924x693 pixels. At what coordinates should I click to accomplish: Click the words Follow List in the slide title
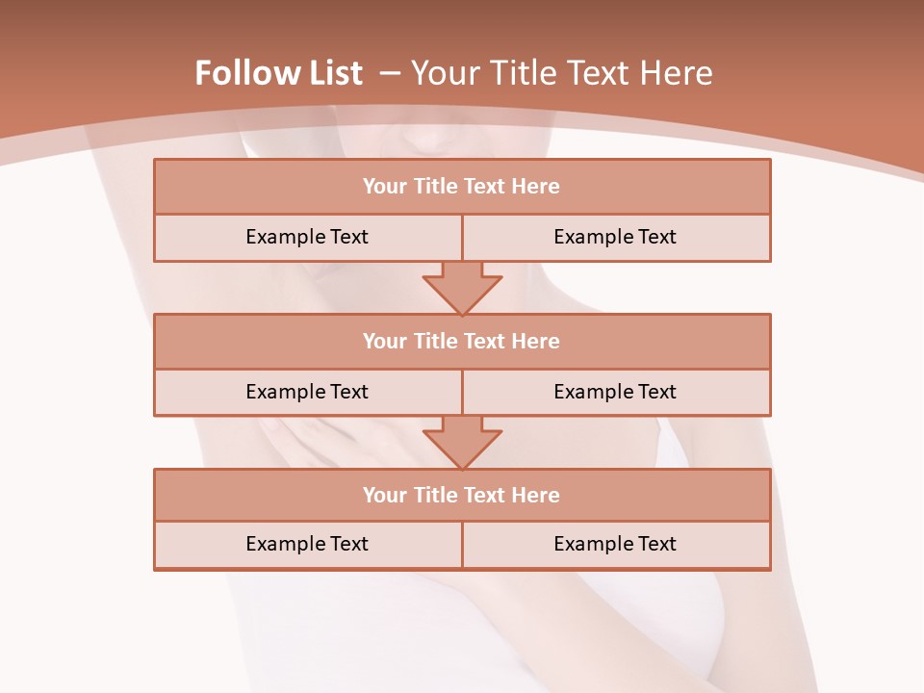click(278, 73)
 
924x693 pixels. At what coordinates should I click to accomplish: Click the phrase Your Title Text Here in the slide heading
click(562, 73)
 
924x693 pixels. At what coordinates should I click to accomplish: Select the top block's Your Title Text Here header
click(461, 187)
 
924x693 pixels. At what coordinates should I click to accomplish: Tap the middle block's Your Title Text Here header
click(461, 341)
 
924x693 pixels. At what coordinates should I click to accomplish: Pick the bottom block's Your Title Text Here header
click(461, 495)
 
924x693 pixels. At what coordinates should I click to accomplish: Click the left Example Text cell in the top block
click(307, 237)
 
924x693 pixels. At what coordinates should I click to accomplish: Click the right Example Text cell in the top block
click(615, 237)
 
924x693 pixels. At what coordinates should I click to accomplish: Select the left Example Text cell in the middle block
click(307, 392)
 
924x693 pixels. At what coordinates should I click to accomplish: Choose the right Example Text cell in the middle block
click(615, 392)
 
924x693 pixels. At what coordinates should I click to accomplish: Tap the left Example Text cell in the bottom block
click(307, 544)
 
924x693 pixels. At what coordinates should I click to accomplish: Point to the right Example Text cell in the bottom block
click(615, 544)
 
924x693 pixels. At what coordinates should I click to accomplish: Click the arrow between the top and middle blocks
click(462, 287)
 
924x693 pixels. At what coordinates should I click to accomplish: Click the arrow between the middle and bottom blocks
click(462, 442)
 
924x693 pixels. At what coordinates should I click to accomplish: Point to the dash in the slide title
click(389, 73)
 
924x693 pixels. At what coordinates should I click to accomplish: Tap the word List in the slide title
click(329, 73)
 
